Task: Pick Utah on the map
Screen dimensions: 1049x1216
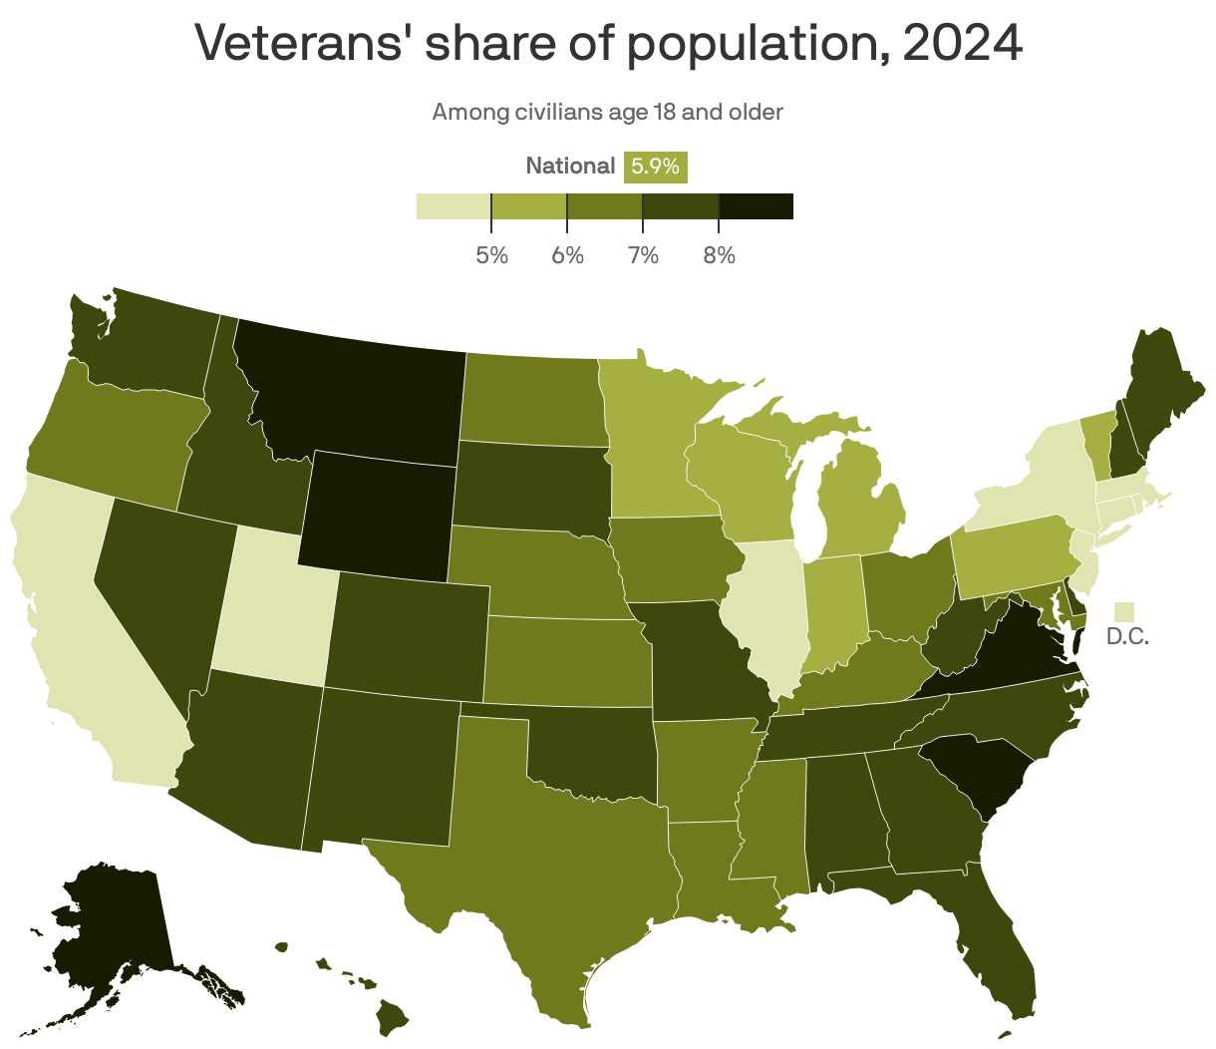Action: [x=269, y=608]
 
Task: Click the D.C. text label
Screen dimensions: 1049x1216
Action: [x=1128, y=636]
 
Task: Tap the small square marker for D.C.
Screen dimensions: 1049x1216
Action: [x=1125, y=610]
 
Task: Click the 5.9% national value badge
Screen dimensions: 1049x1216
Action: [x=655, y=167]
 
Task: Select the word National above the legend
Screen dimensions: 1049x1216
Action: [x=570, y=167]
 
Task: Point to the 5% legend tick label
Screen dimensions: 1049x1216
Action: [x=491, y=255]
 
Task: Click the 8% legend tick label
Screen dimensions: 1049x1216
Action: [x=719, y=255]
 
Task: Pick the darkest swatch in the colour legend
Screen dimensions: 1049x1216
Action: [x=756, y=205]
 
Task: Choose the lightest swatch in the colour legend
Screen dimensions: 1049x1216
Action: [x=454, y=205]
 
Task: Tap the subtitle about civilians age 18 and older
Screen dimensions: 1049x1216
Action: [x=607, y=112]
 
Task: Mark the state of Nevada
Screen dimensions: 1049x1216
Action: [x=159, y=588]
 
